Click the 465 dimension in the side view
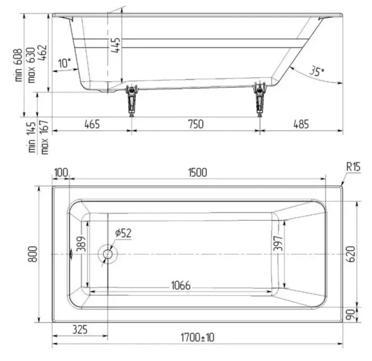pyautogui.click(x=91, y=125)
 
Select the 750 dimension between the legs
pyautogui.click(x=195, y=125)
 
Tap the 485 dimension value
pyautogui.click(x=301, y=125)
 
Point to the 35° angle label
pyautogui.click(x=317, y=71)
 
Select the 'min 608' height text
pyautogui.click(x=19, y=65)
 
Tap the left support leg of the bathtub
pyautogui.click(x=131, y=101)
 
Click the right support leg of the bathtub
pyautogui.click(x=260, y=101)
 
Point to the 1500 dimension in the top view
pyautogui.click(x=197, y=172)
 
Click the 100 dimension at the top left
pyautogui.click(x=61, y=172)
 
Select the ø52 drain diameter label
pyautogui.click(x=123, y=233)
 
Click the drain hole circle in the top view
pyautogui.click(x=108, y=254)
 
